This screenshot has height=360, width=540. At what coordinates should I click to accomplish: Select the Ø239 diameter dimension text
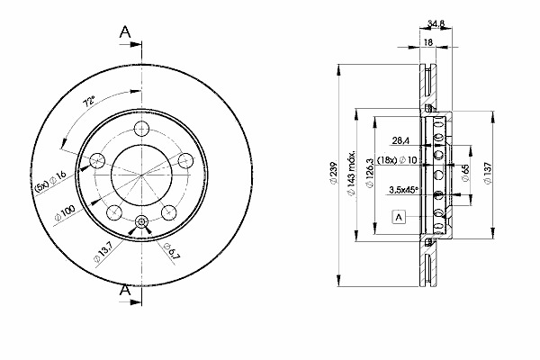pos(333,176)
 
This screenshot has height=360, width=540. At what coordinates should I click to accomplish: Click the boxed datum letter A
pos(398,217)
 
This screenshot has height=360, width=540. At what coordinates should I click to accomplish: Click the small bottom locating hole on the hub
pos(141,222)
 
